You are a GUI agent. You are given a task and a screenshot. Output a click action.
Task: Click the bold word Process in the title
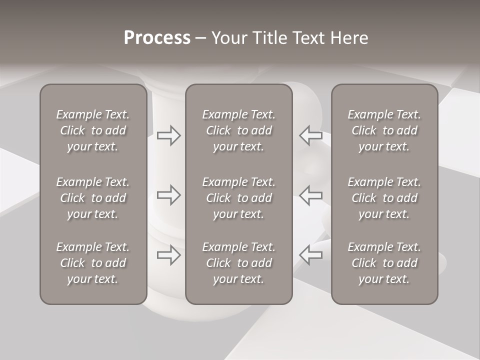[157, 37]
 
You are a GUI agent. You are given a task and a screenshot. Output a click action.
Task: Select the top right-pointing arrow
[168, 135]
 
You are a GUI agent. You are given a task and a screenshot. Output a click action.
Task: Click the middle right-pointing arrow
[168, 195]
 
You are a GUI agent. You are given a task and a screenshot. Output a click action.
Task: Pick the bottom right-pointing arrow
[168, 255]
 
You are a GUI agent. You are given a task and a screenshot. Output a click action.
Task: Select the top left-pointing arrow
[310, 135]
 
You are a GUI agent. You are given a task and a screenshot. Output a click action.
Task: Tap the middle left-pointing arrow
[310, 195]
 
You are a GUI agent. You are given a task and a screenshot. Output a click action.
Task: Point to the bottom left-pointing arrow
[310, 255]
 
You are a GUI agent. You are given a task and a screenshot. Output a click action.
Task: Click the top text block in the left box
[93, 130]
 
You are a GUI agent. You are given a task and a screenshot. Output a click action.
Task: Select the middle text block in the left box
[93, 198]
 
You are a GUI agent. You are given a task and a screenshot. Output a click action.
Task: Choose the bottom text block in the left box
[93, 263]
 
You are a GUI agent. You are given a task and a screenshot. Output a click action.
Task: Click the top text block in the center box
[238, 130]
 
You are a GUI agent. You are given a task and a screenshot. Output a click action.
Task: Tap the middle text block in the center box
[238, 198]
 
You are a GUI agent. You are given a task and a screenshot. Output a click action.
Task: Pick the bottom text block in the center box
[238, 263]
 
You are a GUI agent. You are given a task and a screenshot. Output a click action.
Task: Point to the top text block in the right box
[384, 130]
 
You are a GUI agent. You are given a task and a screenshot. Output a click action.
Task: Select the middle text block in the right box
[384, 198]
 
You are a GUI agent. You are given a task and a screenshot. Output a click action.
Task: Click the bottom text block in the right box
[384, 263]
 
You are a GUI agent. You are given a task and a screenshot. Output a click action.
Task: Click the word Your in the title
[228, 37]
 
